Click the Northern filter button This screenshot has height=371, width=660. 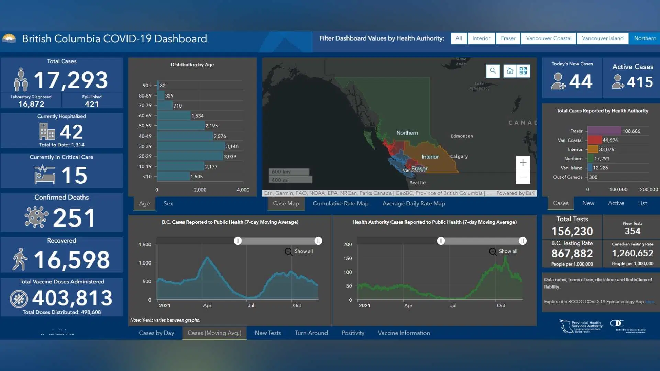(x=645, y=38)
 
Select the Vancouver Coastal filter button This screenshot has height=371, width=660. (x=549, y=38)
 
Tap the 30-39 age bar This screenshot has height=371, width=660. (x=191, y=146)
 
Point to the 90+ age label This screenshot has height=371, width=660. (x=147, y=86)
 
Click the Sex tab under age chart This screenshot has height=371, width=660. (x=168, y=203)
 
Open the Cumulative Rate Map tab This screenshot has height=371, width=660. (x=340, y=203)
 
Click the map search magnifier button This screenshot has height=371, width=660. (x=493, y=71)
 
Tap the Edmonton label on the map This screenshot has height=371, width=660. (x=462, y=136)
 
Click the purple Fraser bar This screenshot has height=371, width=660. (x=604, y=131)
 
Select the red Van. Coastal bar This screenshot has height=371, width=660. (x=595, y=140)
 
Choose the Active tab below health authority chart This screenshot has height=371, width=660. (x=616, y=203)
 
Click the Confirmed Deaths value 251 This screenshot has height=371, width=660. (x=74, y=218)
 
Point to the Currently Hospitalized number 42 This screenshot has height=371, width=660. (x=71, y=132)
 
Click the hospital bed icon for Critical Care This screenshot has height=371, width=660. (x=45, y=175)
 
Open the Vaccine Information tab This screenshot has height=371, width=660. (x=404, y=333)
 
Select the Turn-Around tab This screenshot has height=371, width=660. (x=311, y=333)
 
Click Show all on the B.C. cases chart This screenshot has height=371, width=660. (x=299, y=251)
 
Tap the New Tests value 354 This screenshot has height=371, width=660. (x=632, y=231)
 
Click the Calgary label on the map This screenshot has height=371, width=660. (x=459, y=157)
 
